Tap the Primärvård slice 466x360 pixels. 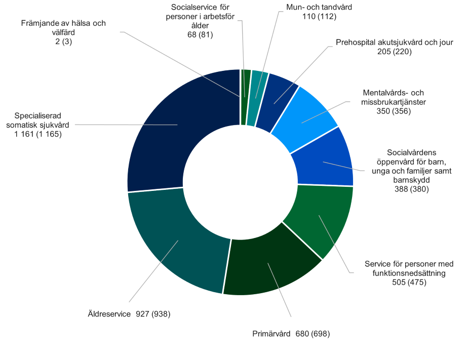tap(268, 263)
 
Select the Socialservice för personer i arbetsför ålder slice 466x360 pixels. tap(245, 96)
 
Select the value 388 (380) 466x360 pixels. tap(411, 189)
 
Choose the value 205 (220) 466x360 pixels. tap(394, 52)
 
